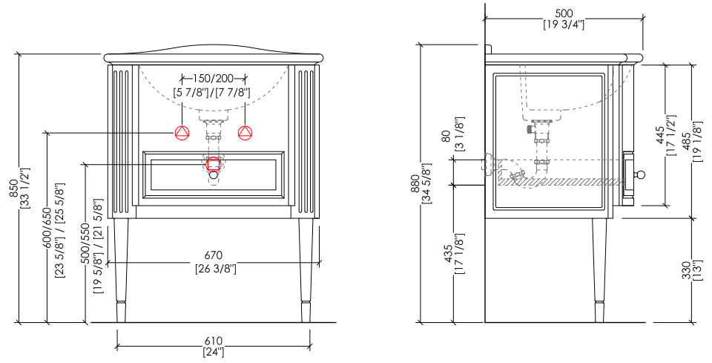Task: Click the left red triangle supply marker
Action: click(x=182, y=133)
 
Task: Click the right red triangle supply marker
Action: click(x=245, y=133)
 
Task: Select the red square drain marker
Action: click(x=214, y=164)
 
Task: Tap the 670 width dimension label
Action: click(x=214, y=256)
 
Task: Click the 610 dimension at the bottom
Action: click(x=214, y=341)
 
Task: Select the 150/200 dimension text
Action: click(x=214, y=79)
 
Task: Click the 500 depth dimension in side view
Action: click(x=564, y=13)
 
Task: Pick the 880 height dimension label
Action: click(x=415, y=184)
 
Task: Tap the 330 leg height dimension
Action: click(x=688, y=270)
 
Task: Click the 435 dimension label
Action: click(x=447, y=255)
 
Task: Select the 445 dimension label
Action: click(x=660, y=135)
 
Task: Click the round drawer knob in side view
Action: click(x=640, y=174)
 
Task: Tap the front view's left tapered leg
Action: click(x=121, y=270)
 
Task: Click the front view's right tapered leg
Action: click(x=306, y=270)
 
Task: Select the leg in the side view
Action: click(x=599, y=270)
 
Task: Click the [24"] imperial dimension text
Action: click(x=214, y=352)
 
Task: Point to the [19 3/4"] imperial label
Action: click(x=564, y=24)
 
